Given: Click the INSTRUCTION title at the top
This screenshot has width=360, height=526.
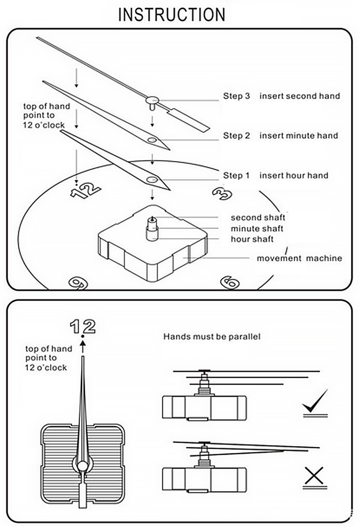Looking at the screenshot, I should (172, 15).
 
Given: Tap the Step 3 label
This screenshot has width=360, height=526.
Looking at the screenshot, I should (236, 96).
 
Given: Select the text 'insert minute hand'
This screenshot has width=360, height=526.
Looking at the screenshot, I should (299, 136).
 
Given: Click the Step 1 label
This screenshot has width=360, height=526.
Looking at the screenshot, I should (236, 175).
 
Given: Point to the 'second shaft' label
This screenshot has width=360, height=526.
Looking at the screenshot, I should (258, 218).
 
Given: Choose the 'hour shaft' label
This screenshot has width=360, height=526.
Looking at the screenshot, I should (252, 239).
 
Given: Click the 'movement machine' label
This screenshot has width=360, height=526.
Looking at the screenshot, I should (299, 258).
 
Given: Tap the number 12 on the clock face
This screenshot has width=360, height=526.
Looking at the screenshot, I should (86, 190).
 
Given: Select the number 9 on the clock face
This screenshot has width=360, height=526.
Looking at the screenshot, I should (78, 283).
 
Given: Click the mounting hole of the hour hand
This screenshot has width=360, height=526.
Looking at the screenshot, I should (153, 179).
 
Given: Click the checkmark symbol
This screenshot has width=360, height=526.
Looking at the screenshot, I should (315, 402).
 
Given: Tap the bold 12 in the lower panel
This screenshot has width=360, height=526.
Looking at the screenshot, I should (83, 326).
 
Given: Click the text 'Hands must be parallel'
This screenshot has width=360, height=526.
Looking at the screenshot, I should (212, 336).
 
